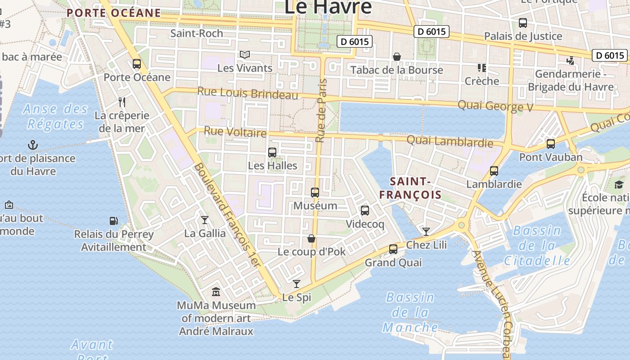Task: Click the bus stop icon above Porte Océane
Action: click(x=137, y=64)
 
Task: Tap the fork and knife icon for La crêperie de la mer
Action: click(x=122, y=102)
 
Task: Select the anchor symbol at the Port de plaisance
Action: click(x=33, y=145)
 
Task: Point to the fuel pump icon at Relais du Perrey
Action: click(x=114, y=221)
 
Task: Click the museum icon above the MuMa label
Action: click(x=216, y=292)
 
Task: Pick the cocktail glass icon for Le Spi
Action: click(x=296, y=284)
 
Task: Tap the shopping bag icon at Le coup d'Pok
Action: click(x=311, y=238)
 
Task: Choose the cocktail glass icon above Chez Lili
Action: click(x=426, y=232)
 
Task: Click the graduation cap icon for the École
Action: click(x=619, y=184)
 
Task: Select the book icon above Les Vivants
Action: click(x=244, y=55)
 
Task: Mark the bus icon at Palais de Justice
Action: click(x=522, y=23)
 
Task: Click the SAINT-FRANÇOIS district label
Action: click(x=410, y=188)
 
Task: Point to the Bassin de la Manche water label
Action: click(x=410, y=312)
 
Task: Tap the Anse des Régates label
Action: click(x=56, y=116)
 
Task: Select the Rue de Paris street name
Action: click(x=321, y=111)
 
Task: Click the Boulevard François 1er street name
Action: click(x=227, y=215)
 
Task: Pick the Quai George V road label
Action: click(x=495, y=106)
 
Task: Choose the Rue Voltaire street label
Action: click(x=235, y=132)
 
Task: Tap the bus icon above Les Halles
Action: click(x=272, y=153)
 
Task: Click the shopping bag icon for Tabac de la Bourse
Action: click(x=397, y=57)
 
